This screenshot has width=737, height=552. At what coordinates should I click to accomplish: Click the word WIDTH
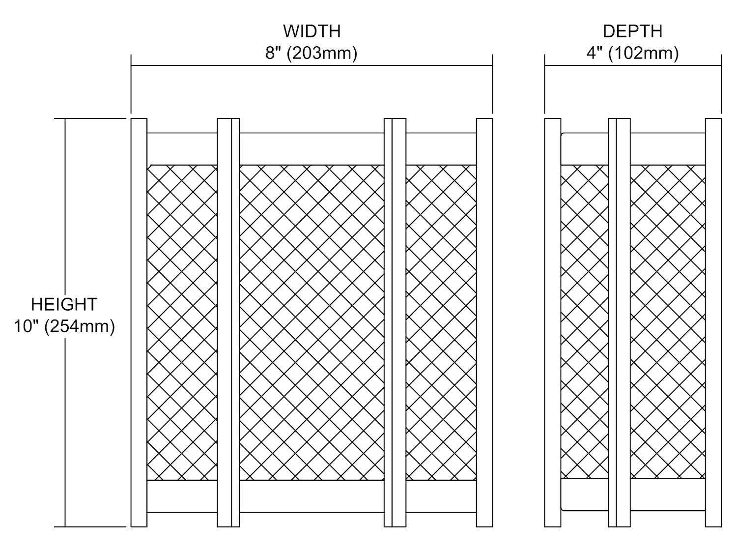(312, 31)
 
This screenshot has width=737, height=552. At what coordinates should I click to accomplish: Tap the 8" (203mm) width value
(312, 53)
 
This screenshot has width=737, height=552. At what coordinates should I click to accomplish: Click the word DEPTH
(632, 31)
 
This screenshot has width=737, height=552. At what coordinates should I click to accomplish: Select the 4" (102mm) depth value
(632, 53)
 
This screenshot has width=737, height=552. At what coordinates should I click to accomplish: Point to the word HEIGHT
(64, 304)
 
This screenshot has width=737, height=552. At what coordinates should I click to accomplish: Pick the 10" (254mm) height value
(64, 326)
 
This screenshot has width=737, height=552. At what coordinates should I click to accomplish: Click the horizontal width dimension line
(312, 65)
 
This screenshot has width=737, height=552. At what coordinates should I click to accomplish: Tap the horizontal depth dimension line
(632, 65)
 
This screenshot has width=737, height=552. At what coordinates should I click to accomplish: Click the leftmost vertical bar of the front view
(139, 322)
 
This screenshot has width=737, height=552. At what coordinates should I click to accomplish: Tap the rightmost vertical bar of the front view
(484, 322)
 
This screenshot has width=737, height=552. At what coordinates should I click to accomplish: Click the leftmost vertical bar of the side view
(553, 322)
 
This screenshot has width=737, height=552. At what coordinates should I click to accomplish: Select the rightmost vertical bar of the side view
(713, 322)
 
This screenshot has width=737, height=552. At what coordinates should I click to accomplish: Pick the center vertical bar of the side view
(620, 322)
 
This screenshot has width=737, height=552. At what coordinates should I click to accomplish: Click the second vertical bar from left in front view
(228, 322)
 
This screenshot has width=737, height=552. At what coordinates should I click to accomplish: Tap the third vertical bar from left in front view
(395, 322)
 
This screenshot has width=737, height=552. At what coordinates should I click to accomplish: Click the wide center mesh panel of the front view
(312, 322)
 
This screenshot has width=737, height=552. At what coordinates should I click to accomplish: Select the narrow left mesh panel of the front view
(182, 322)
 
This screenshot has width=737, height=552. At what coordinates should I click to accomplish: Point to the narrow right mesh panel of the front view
(441, 322)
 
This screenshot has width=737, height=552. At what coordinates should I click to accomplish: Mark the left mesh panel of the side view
(585, 322)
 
